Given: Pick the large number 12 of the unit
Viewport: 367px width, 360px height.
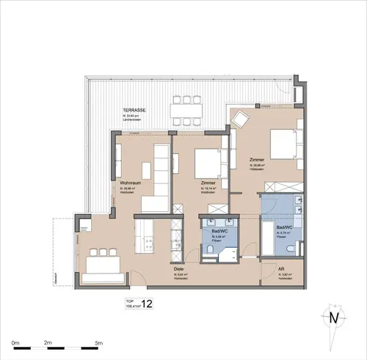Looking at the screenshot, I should click(x=147, y=304).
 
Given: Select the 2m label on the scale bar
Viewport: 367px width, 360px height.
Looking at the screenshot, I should click(x=48, y=342).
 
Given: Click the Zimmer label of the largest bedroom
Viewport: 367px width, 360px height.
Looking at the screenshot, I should click(x=257, y=160).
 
